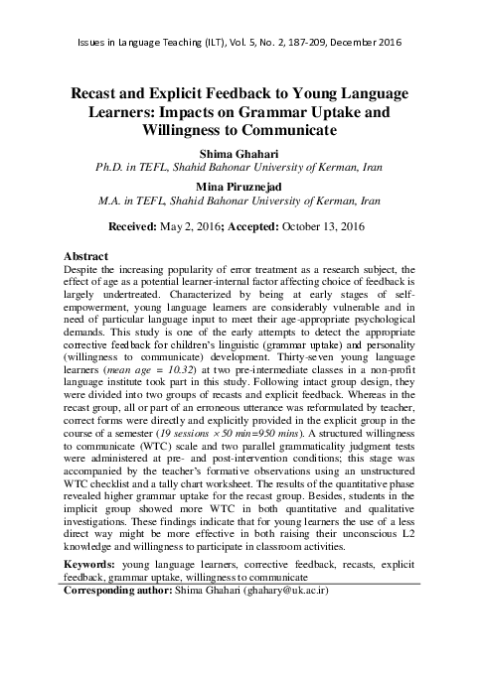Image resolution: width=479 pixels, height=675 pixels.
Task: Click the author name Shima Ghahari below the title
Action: click(x=239, y=154)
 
